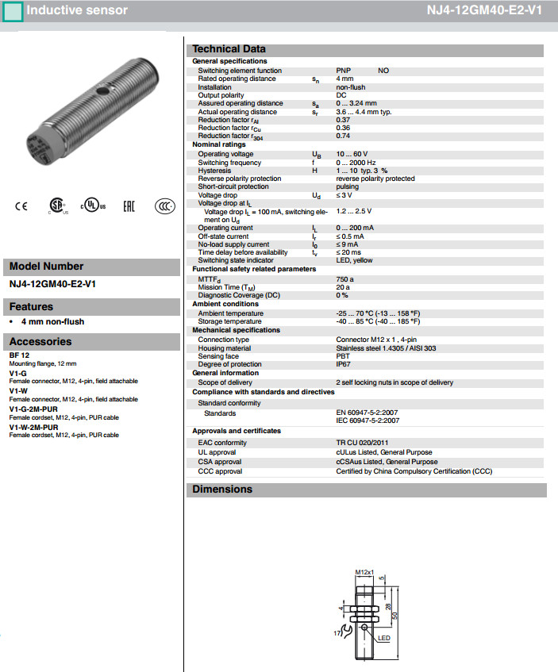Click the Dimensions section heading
(x=222, y=490)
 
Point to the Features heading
(x=31, y=307)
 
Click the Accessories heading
(x=40, y=342)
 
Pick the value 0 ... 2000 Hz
(x=356, y=162)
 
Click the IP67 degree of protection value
(x=344, y=364)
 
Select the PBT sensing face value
(x=343, y=356)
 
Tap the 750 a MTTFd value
(x=345, y=279)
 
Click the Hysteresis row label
(x=214, y=171)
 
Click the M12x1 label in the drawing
(x=364, y=571)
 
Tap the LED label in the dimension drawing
(x=383, y=637)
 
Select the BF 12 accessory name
(x=20, y=355)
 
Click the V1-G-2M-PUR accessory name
(x=33, y=409)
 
